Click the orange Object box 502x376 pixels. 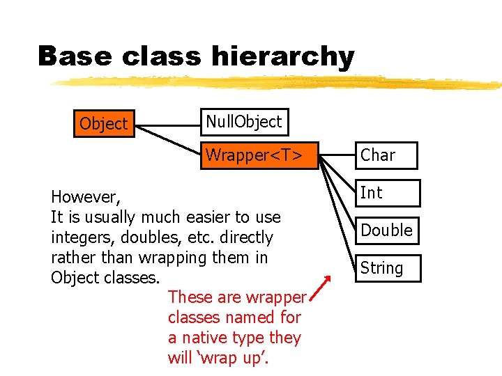tap(104, 124)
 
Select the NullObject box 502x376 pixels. tap(243, 122)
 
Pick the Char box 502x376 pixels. tap(386, 155)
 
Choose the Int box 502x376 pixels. tap(386, 193)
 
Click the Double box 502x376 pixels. tap(386, 230)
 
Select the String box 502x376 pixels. tap(386, 268)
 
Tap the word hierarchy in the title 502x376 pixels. tap(284, 57)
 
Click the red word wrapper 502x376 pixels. tap(275, 298)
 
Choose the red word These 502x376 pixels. tap(190, 297)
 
